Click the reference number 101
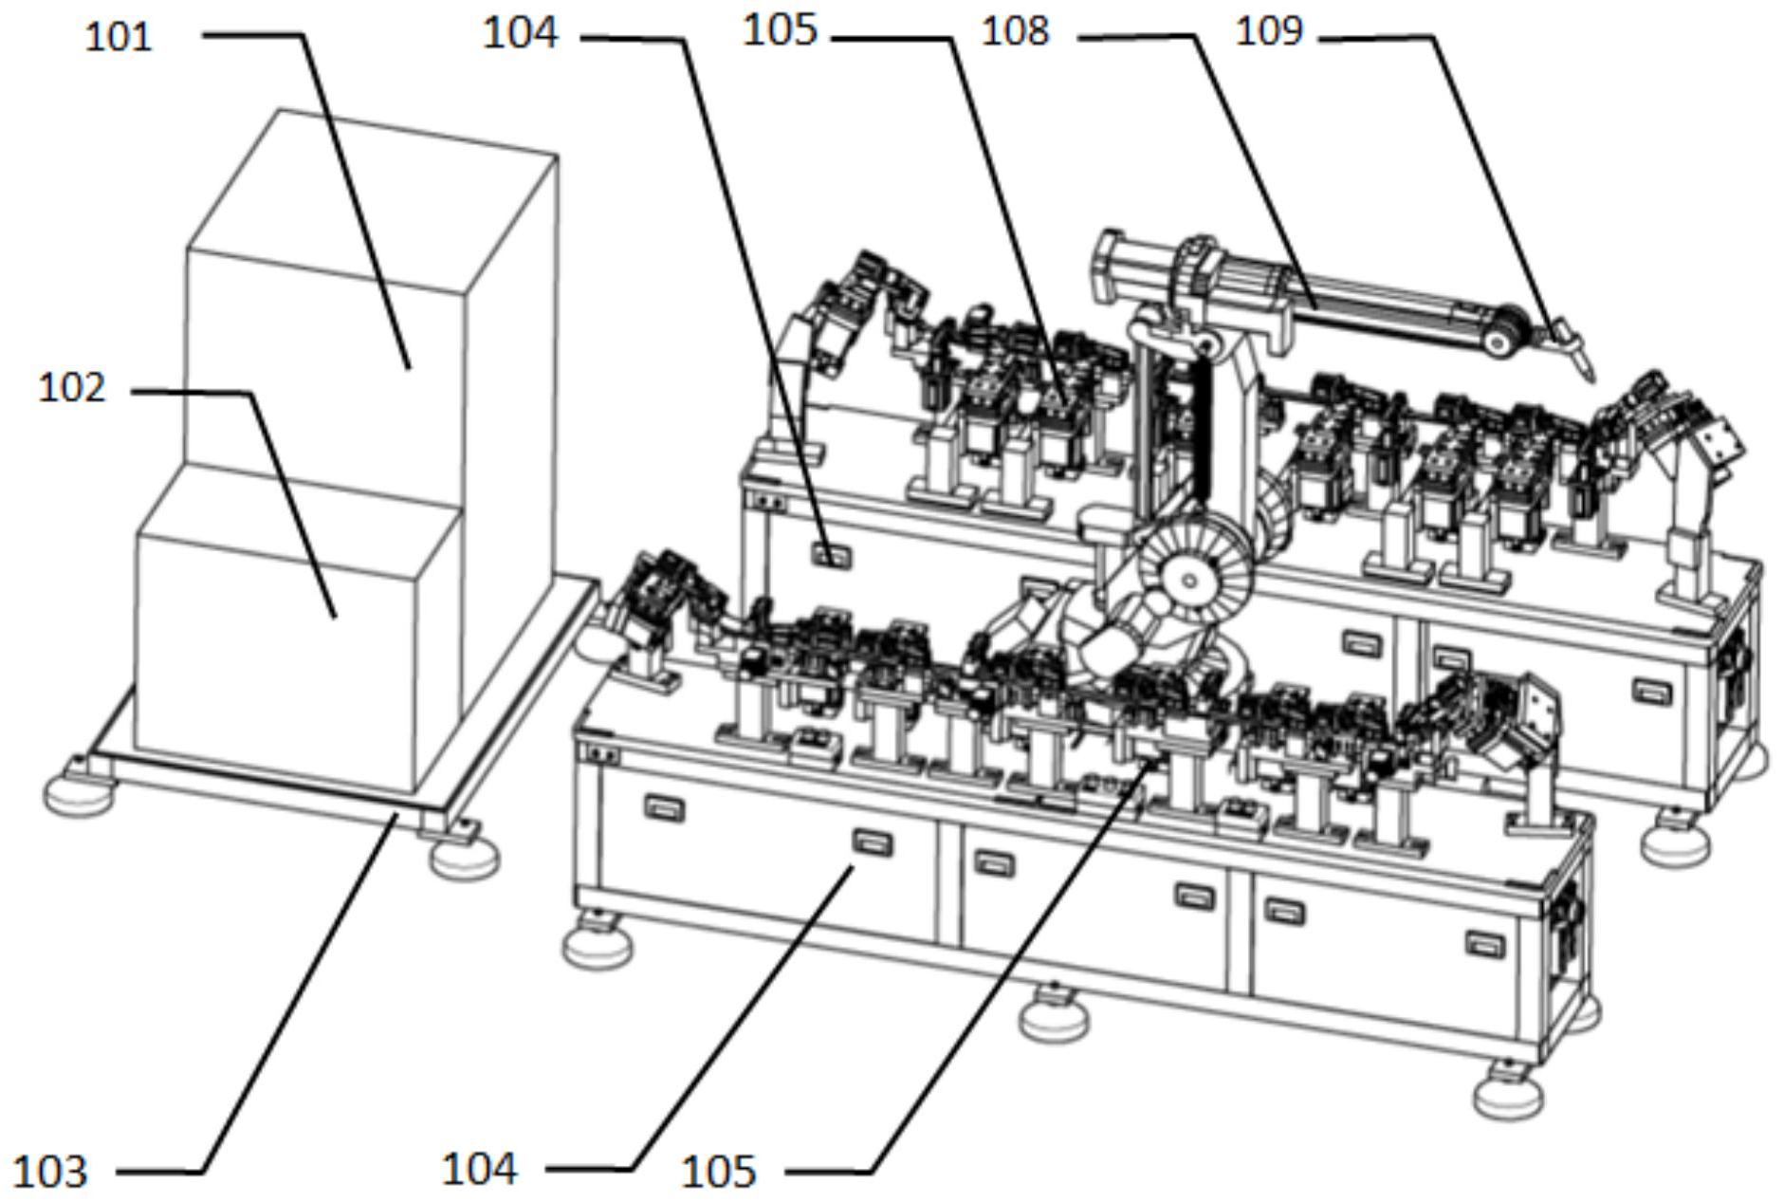[x=119, y=37]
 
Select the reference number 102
[x=72, y=388]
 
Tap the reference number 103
[x=51, y=1173]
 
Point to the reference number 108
[x=1015, y=31]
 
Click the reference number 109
[x=1270, y=31]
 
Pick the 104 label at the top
[x=521, y=33]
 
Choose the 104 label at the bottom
[x=480, y=1169]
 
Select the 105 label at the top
[x=779, y=30]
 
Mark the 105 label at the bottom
[x=719, y=1173]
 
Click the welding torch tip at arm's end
[x=1590, y=376]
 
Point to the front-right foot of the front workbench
[x=1509, y=1091]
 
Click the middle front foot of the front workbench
[x=1053, y=1014]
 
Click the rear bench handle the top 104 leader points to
[x=831, y=553]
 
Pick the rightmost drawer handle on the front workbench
[x=1485, y=943]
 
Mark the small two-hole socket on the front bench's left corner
[x=604, y=755]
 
